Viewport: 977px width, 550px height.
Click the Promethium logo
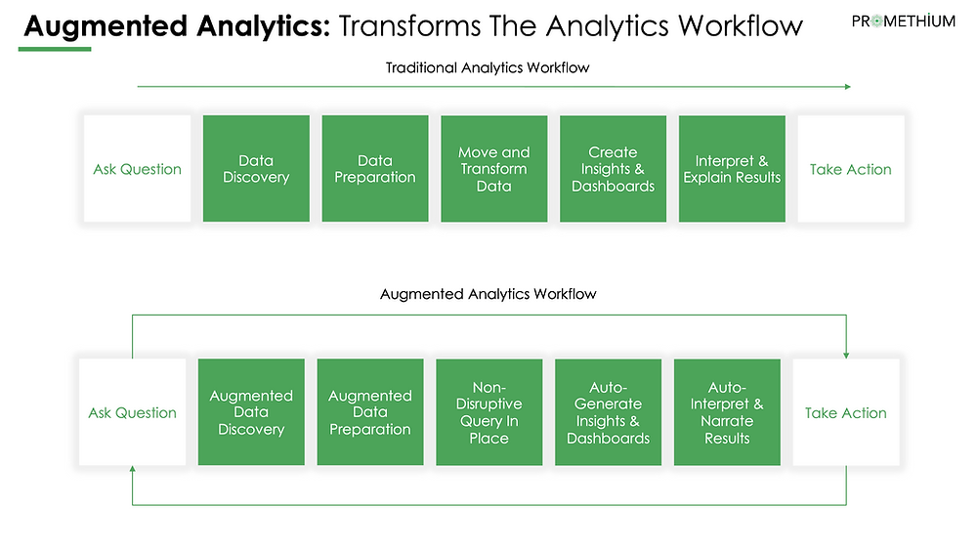pos(903,21)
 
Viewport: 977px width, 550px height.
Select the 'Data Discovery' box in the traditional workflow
pos(256,168)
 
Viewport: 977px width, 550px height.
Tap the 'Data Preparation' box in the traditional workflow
pos(375,168)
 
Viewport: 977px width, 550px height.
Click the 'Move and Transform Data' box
pos(494,168)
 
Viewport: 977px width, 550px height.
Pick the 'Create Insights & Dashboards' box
pos(614,168)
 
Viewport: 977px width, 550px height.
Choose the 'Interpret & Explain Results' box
pos(732,168)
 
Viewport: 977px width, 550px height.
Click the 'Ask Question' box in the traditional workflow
pos(137,168)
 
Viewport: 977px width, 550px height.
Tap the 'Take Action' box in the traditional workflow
pos(851,168)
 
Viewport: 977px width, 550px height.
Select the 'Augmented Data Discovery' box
pos(251,411)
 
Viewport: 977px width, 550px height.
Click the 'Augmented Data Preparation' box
pos(370,411)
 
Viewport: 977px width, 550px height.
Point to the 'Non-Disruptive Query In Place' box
pos(489,411)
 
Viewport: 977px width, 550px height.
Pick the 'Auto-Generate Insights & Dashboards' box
pos(608,411)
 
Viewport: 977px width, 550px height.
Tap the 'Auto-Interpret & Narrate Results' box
pos(727,411)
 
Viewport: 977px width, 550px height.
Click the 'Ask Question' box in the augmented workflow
pos(132,411)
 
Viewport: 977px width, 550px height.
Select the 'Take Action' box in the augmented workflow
pos(846,411)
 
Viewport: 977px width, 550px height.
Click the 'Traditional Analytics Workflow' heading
pos(488,67)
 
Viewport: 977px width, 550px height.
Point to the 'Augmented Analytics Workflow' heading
pos(488,294)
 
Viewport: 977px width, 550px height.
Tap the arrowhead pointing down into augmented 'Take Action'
pos(846,355)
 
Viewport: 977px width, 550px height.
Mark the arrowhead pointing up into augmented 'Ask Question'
pos(132,469)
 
